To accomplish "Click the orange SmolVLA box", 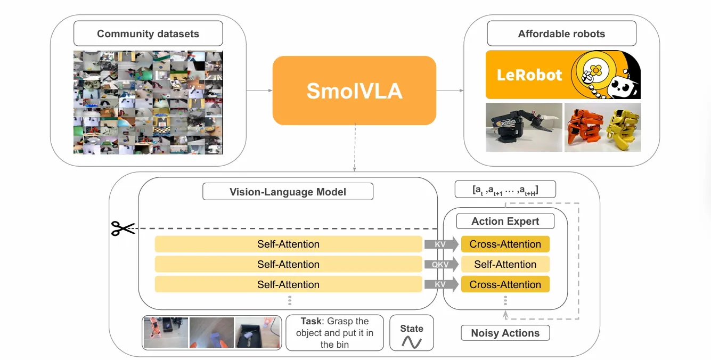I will pos(354,91).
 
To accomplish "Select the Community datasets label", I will pos(148,34).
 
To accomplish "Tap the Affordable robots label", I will pos(561,34).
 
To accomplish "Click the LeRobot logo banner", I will pos(563,75).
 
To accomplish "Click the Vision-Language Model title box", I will pos(288,192).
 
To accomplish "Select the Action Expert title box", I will pos(505,221).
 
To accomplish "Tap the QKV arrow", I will pos(441,265).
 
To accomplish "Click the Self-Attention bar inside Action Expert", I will pos(505,265).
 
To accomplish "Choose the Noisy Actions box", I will pos(505,333).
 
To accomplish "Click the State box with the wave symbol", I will pos(412,333).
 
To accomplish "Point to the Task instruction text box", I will pos(334,333).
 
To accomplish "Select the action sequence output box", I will pos(505,190).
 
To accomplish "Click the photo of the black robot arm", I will pos(524,127).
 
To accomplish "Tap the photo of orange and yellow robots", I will pos(602,127).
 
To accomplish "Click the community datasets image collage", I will pos(148,102).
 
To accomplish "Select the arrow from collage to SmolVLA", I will pos(259,91).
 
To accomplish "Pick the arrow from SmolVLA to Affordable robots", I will pos(450,91).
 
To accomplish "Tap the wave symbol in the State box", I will pos(412,342).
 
